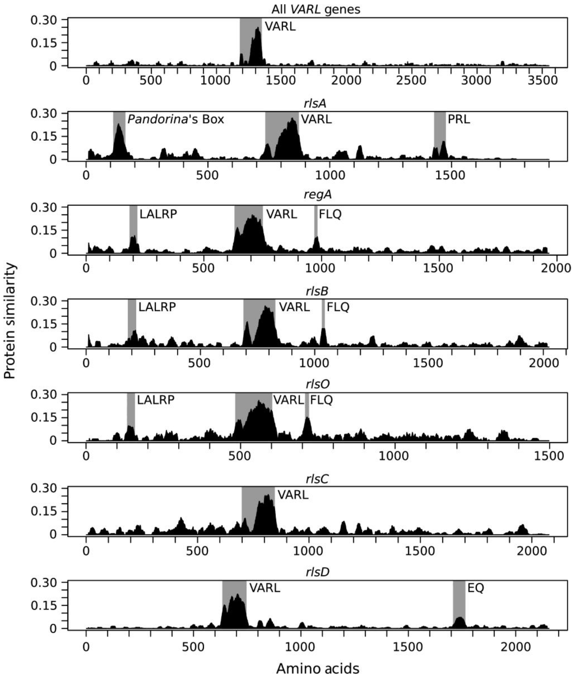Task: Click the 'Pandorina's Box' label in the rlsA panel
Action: click(x=176, y=119)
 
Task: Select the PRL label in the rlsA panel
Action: click(x=459, y=119)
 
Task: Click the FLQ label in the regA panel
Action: click(x=330, y=214)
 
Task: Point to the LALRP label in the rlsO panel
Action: click(x=155, y=400)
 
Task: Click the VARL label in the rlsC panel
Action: click(x=293, y=495)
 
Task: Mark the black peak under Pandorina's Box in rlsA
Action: click(x=119, y=143)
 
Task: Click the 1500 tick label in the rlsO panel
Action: click(x=549, y=456)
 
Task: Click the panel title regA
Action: click(x=317, y=194)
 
